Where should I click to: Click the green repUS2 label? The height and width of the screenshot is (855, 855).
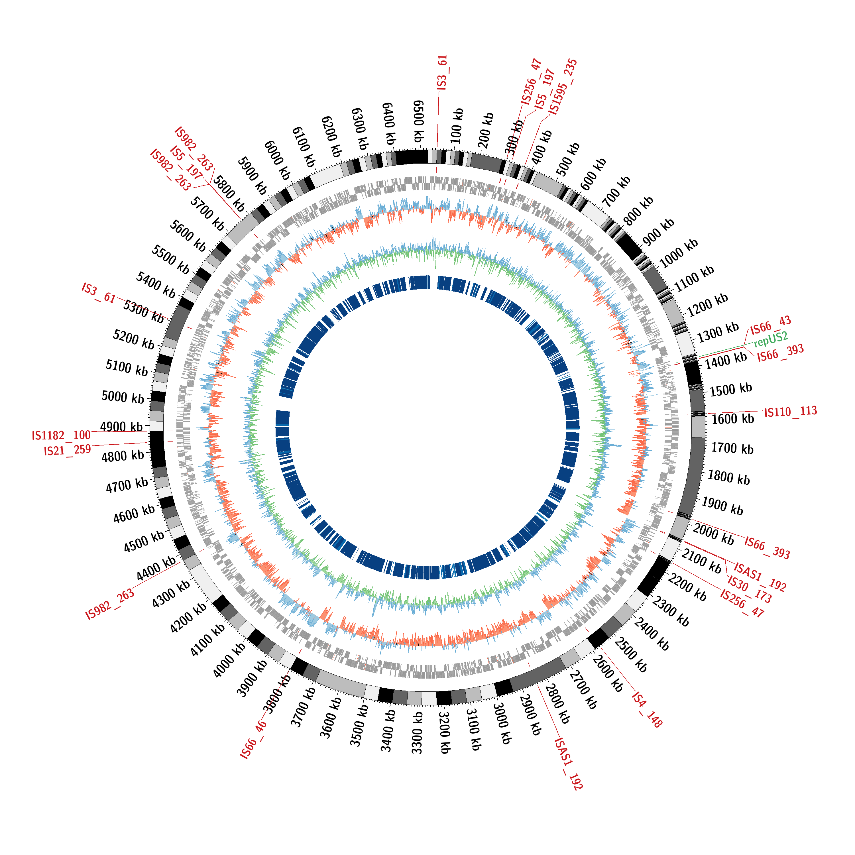coord(771,339)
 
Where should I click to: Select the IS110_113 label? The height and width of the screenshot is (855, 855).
coord(790,412)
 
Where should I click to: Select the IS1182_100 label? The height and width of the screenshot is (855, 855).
coord(61,435)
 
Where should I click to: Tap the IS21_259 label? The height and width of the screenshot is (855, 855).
coord(67,451)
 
